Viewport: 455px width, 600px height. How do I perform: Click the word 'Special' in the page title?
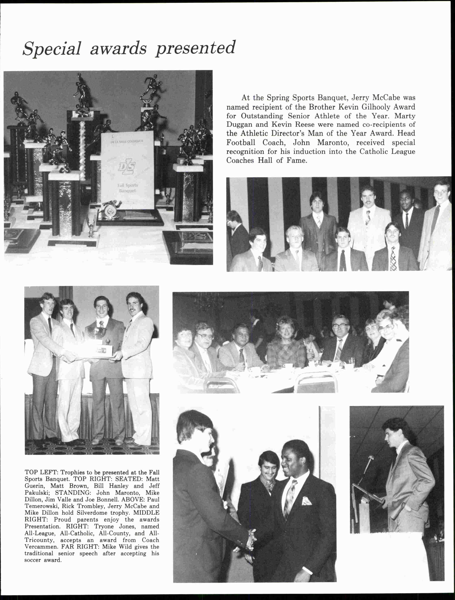click(x=52, y=49)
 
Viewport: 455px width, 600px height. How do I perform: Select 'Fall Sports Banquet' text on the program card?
click(x=127, y=188)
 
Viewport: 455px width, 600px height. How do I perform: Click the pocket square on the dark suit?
click(x=307, y=500)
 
